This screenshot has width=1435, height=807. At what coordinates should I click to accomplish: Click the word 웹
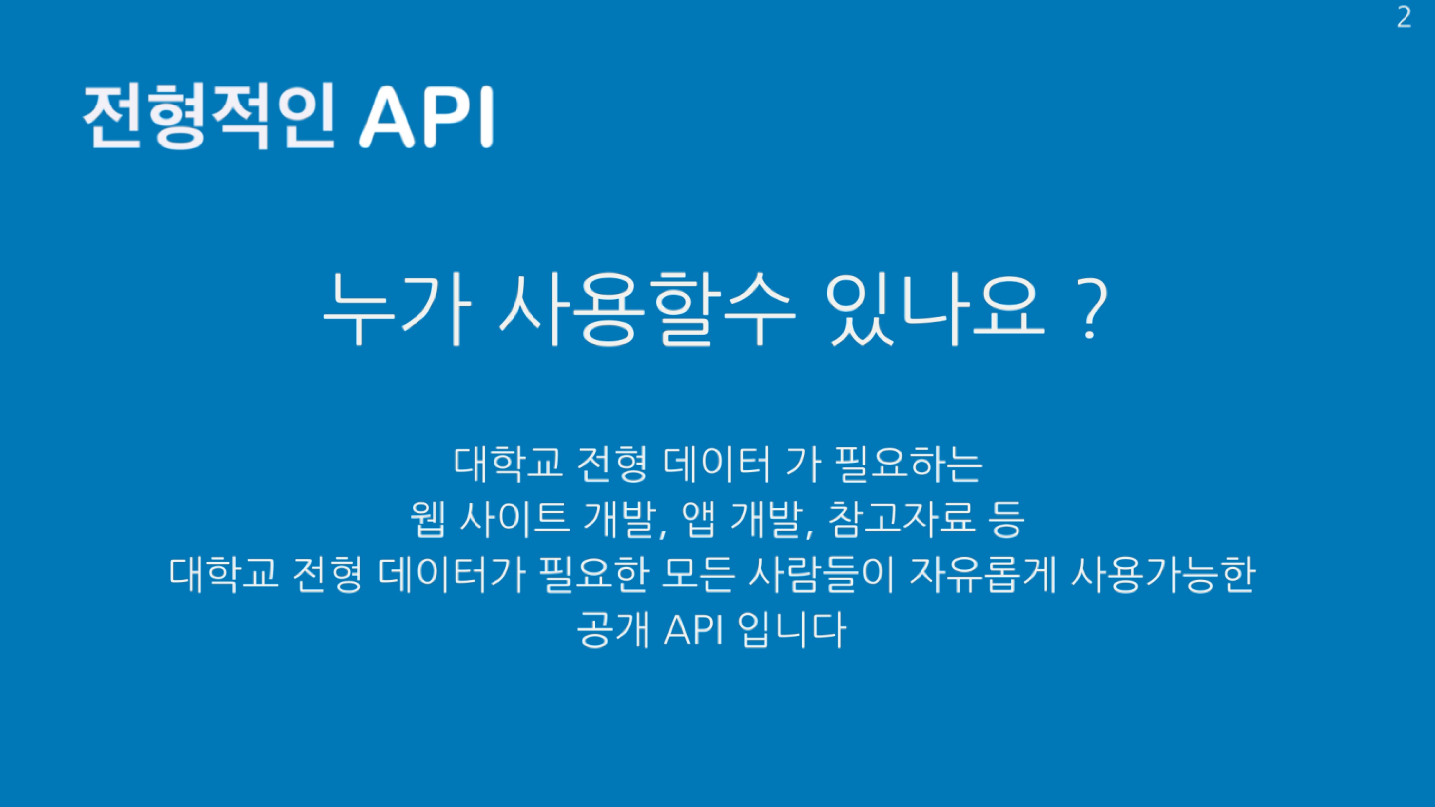point(428,519)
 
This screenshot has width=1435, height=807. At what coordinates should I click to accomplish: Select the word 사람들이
point(821,574)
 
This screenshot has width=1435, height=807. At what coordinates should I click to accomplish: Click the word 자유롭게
point(982,574)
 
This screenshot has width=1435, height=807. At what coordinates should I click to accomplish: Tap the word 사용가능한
point(1163,574)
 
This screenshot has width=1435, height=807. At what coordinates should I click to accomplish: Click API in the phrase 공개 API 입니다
point(693,630)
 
